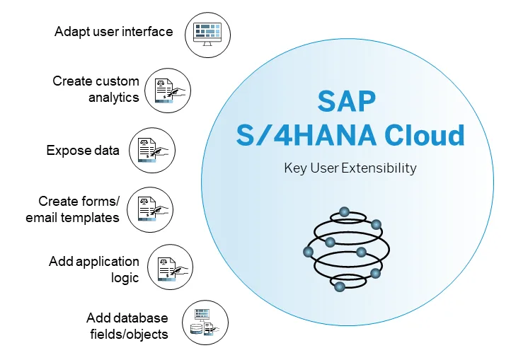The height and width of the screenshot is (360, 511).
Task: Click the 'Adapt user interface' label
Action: click(x=114, y=32)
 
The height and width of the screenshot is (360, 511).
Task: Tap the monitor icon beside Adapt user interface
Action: click(x=207, y=35)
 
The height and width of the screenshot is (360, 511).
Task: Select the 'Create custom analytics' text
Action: click(x=96, y=89)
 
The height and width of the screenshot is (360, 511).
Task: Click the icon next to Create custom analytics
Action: click(x=168, y=91)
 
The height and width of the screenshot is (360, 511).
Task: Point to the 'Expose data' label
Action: click(x=83, y=150)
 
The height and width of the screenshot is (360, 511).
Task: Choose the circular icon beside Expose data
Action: click(x=152, y=150)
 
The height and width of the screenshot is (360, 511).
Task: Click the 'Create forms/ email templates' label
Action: click(x=72, y=209)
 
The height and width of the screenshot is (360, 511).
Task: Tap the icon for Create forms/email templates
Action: click(x=150, y=209)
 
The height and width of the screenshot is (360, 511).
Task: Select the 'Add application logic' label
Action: click(x=94, y=269)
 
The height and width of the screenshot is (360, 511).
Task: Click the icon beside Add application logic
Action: click(x=170, y=267)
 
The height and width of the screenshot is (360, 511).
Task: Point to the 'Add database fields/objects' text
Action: click(x=127, y=326)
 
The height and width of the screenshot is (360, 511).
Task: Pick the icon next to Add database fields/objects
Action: click(x=205, y=323)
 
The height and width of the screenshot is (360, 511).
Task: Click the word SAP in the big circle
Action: click(x=347, y=101)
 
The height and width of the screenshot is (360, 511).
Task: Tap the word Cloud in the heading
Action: click(x=425, y=135)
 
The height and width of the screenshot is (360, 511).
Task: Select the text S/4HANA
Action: click(x=306, y=135)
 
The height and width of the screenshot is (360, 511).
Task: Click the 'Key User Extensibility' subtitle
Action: click(x=350, y=168)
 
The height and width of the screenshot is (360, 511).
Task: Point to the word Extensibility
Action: click(x=379, y=168)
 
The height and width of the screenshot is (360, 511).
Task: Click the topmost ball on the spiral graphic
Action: click(x=344, y=212)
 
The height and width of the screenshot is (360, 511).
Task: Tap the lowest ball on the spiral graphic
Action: click(x=340, y=286)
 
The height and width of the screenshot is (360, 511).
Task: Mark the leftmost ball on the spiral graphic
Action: click(x=309, y=252)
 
